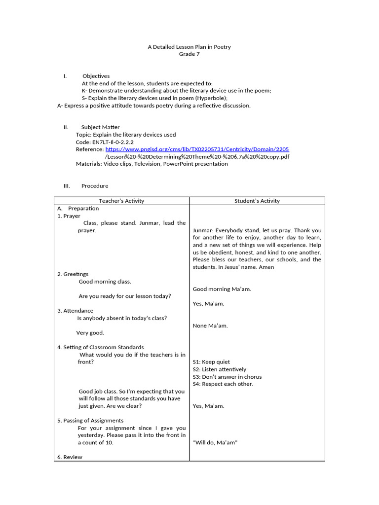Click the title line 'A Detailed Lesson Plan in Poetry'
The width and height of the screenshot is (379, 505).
coord(189,47)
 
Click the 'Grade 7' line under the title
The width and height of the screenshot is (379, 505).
coord(189,54)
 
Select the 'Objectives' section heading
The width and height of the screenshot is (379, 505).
coord(96,76)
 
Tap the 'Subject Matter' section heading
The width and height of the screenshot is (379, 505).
coord(100,127)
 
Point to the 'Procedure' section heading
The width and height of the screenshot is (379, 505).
coord(95,186)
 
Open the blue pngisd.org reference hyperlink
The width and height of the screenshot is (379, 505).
coord(197,149)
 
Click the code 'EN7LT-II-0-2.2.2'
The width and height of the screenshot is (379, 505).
coord(113,142)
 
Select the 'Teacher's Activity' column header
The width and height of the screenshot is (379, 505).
coord(121,201)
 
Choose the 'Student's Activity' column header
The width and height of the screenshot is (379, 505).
coord(257,201)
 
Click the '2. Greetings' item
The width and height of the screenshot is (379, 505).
coord(73,274)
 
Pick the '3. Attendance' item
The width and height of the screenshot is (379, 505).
coord(75,311)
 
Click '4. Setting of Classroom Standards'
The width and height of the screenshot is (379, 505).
coord(100,347)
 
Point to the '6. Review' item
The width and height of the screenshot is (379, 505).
coord(70,457)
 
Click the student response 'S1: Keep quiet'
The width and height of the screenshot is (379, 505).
coord(211,362)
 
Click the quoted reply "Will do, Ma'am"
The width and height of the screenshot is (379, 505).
coord(215,443)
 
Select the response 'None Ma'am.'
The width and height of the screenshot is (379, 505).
coord(210,325)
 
